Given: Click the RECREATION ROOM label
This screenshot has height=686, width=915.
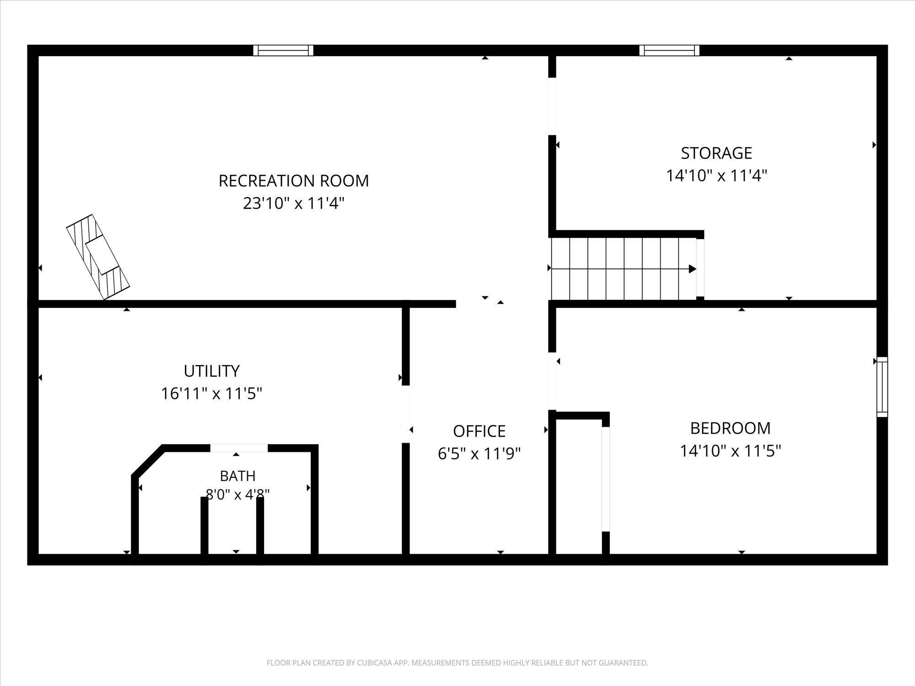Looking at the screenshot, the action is (x=294, y=181).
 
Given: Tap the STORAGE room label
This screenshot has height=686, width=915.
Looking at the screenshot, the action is (x=716, y=153).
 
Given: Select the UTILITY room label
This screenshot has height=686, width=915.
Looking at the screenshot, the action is (x=212, y=371).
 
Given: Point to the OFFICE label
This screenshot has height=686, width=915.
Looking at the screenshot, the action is (x=479, y=431).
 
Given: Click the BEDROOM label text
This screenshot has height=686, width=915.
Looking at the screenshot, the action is (x=731, y=428).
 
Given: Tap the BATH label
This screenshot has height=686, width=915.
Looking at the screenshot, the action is (x=237, y=476).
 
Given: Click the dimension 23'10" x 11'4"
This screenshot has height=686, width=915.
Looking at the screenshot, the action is (x=294, y=203).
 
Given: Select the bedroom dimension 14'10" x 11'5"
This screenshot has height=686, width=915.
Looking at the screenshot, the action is (x=731, y=451).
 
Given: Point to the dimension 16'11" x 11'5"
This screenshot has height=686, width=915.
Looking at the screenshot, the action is (x=212, y=393).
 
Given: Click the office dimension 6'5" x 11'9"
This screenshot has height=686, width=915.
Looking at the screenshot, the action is (x=479, y=454).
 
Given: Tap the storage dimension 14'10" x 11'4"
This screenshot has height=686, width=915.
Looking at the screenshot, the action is (x=716, y=176).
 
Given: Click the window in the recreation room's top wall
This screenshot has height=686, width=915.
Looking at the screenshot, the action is (x=284, y=50).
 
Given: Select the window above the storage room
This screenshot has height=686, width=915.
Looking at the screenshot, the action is (x=669, y=50).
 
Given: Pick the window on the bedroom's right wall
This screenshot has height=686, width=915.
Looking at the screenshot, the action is (x=882, y=387).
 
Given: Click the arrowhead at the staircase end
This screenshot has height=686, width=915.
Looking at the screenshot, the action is (x=693, y=269).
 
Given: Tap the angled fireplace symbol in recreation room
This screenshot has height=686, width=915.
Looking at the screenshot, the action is (x=98, y=257).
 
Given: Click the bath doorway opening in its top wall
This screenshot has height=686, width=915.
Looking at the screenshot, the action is (x=239, y=448).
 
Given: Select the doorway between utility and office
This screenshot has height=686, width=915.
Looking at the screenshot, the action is (x=406, y=414).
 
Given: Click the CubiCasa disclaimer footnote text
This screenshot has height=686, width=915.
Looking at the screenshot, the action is (x=457, y=663).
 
